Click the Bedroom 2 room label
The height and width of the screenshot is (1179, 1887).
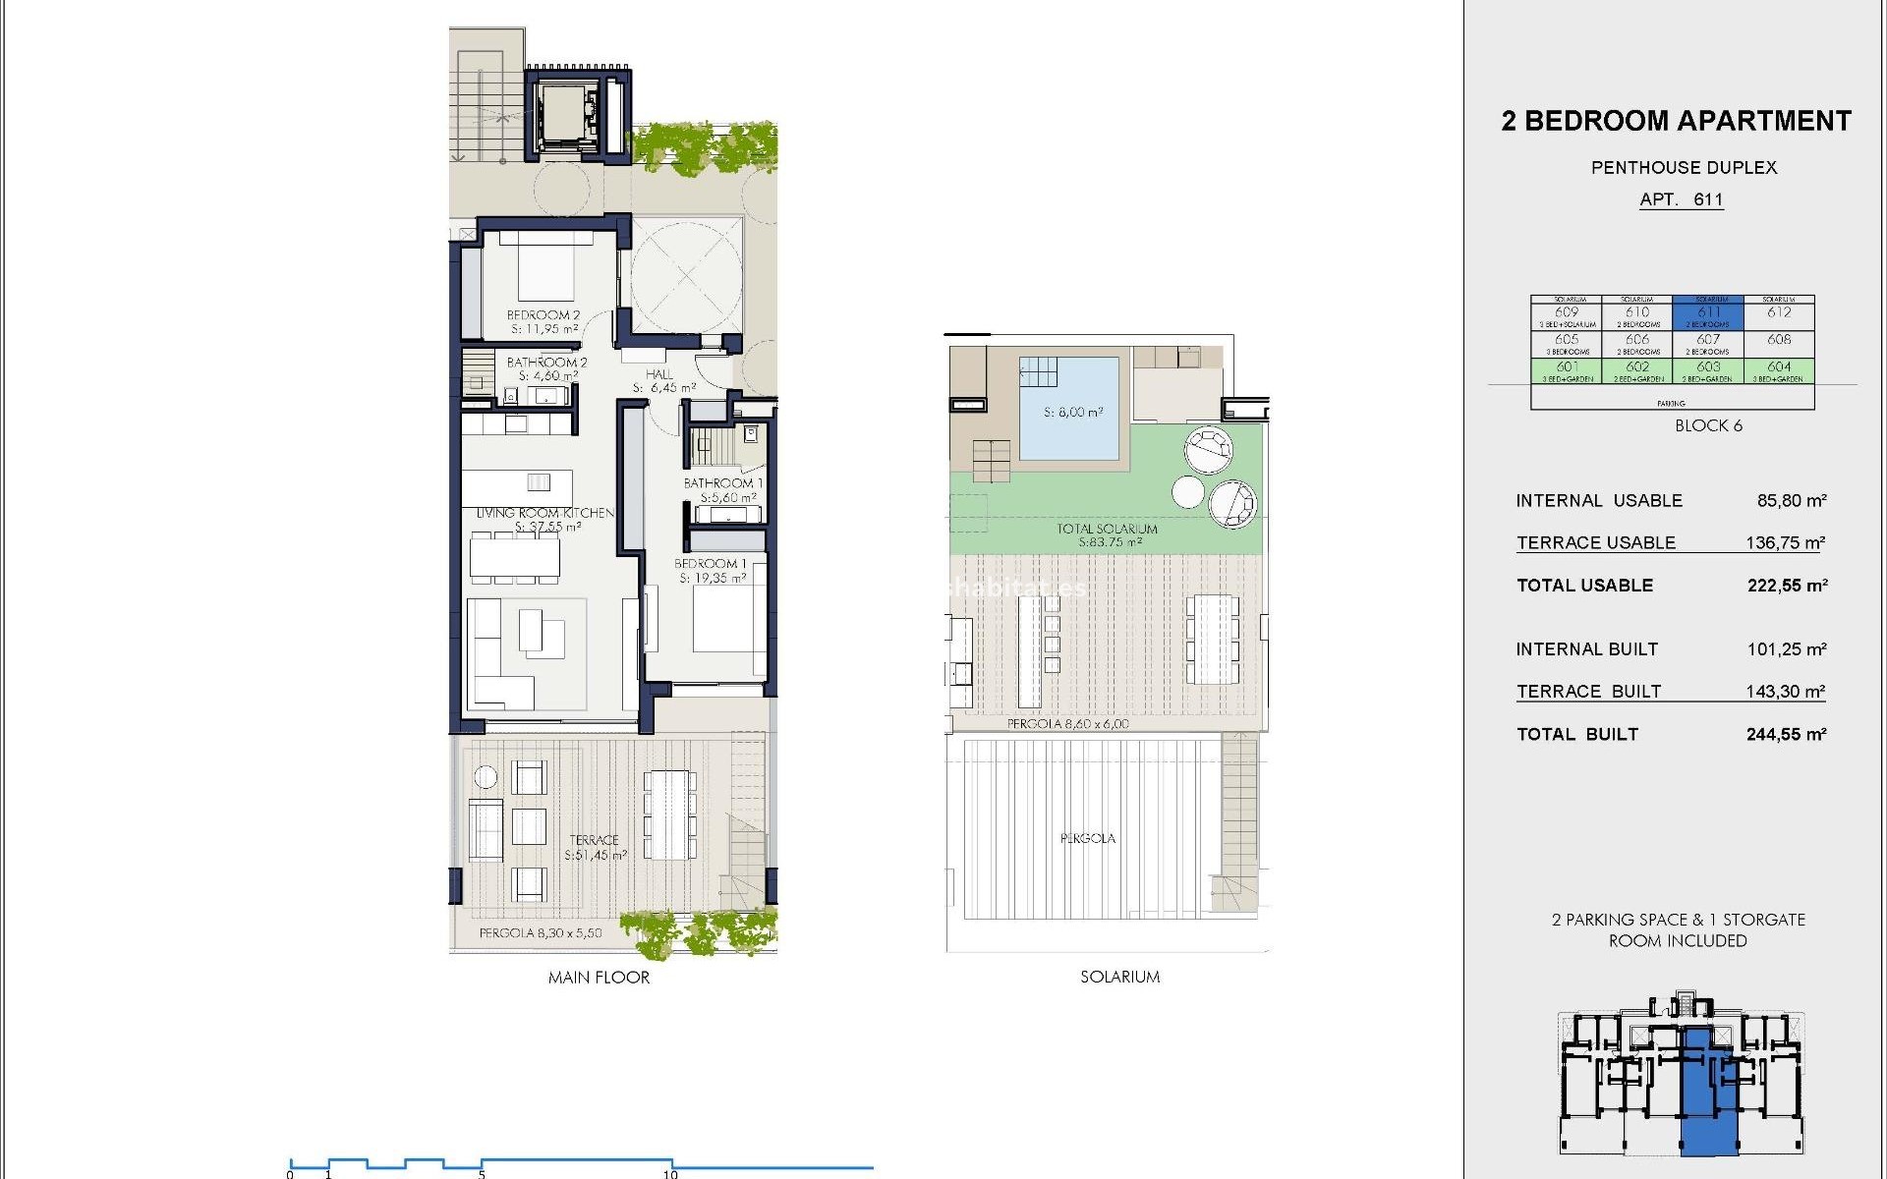click(x=543, y=315)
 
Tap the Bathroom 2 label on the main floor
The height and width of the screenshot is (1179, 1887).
click(x=546, y=363)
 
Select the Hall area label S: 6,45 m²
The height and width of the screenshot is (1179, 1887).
click(x=663, y=388)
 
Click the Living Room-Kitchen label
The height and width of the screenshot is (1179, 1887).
click(x=545, y=513)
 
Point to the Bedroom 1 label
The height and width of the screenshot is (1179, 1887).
click(x=711, y=564)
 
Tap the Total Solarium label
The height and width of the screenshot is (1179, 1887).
click(x=1107, y=529)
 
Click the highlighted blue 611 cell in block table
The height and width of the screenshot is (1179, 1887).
click(x=1708, y=312)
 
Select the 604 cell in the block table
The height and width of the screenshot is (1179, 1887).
click(x=1779, y=367)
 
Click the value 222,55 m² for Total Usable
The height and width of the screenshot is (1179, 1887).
click(x=1787, y=586)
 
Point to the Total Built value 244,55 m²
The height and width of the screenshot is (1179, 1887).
click(x=1786, y=735)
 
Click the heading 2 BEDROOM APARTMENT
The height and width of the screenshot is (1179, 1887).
click(x=1676, y=121)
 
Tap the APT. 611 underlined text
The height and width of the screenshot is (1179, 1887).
click(x=1681, y=199)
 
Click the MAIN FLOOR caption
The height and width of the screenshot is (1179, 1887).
click(x=599, y=978)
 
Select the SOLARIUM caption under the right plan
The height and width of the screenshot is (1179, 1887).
click(x=1119, y=977)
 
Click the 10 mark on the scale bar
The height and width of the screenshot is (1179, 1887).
click(x=670, y=1173)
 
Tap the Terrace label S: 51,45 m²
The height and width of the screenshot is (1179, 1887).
click(x=595, y=848)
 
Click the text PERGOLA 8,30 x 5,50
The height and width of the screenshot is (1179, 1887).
click(x=541, y=933)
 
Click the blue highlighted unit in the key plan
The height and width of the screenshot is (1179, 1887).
click(x=1708, y=1100)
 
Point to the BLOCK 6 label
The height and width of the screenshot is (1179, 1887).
click(x=1708, y=425)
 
